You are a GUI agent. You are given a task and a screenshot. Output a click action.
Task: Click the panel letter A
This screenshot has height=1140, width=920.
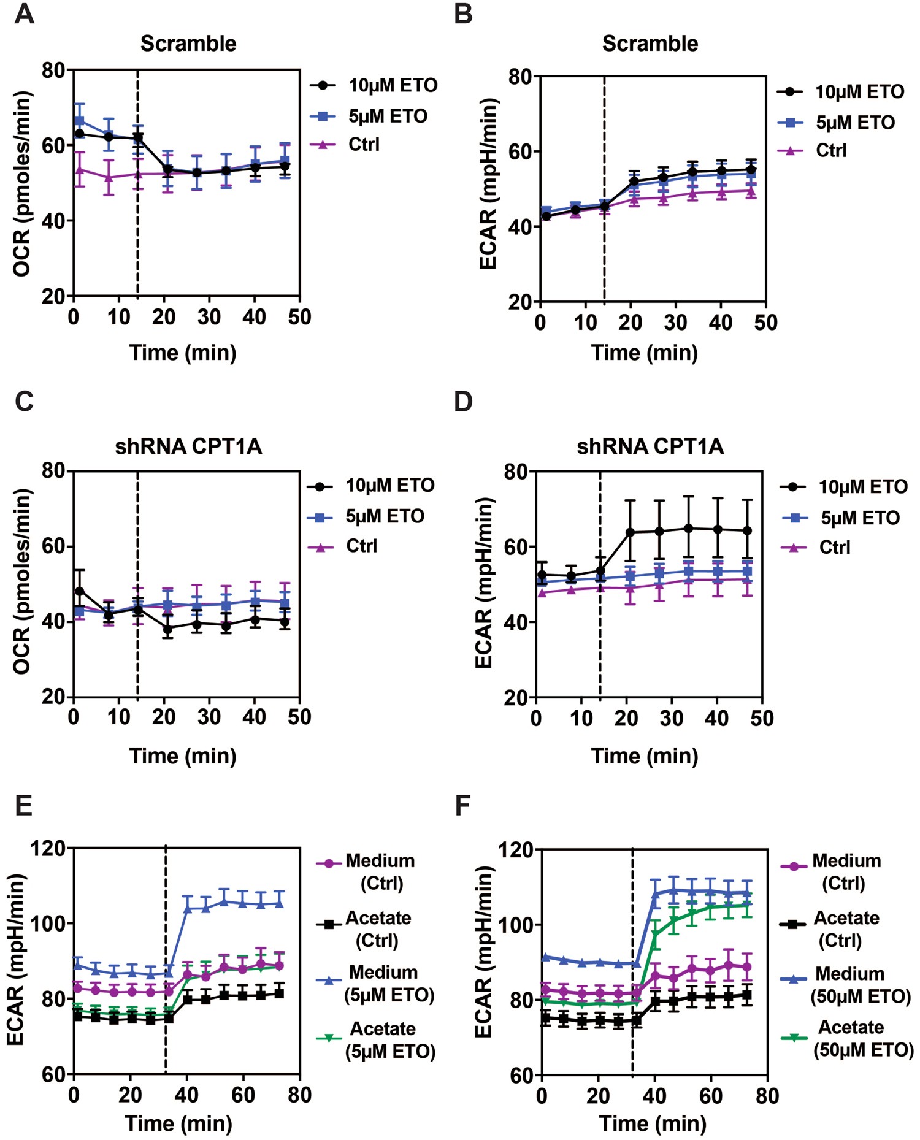pos(24,13)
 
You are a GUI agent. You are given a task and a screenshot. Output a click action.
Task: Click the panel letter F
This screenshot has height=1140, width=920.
pos(463,805)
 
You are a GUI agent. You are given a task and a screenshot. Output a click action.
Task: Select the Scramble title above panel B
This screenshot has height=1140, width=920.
pos(650,44)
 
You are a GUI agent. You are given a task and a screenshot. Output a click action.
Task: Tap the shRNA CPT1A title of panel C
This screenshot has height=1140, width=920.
pos(188,446)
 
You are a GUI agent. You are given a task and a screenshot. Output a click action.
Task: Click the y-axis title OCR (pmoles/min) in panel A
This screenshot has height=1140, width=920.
pos(22,184)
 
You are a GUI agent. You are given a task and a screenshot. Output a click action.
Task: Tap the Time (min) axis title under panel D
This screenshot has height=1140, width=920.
pos(645,756)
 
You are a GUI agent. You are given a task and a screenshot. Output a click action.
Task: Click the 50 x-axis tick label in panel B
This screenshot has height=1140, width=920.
pos(765,323)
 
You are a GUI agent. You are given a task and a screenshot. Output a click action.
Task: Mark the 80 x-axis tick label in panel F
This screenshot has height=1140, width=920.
pos(767,1095)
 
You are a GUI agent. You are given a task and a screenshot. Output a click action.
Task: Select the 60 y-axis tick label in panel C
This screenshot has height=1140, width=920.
pos(54,546)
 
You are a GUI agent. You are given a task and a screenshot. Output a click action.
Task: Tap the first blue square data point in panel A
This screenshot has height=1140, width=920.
pos(79,121)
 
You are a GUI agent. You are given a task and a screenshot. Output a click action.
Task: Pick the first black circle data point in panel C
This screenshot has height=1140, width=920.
pos(79,591)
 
